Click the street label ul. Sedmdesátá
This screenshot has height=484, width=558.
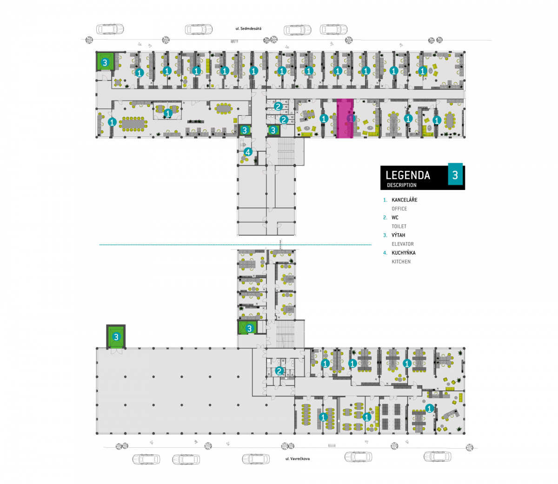click(x=248, y=28)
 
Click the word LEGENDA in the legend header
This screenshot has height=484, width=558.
click(x=408, y=175)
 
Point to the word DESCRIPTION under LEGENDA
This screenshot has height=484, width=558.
click(x=402, y=185)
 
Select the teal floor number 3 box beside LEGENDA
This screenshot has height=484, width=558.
click(x=455, y=175)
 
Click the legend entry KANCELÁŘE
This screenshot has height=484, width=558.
click(x=405, y=200)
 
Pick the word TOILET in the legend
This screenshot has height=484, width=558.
click(x=399, y=227)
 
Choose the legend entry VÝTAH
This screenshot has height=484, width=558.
click(x=399, y=235)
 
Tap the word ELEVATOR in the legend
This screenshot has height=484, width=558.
click(x=403, y=244)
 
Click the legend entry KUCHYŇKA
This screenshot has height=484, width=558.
click(x=404, y=253)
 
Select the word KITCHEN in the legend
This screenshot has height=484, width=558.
click(x=401, y=262)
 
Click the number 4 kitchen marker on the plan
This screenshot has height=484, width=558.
click(x=248, y=152)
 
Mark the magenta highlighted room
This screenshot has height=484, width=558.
click(x=345, y=118)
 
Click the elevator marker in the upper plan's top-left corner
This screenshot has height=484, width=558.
click(x=105, y=63)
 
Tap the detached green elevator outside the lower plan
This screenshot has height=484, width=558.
click(x=116, y=337)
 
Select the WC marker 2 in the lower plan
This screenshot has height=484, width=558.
click(x=279, y=371)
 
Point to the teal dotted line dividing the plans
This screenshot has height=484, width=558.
click(x=235, y=245)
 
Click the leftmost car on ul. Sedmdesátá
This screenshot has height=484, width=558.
click(x=110, y=29)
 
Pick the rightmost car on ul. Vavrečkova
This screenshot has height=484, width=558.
click(x=437, y=457)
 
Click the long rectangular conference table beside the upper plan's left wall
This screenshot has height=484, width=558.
click(x=133, y=124)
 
